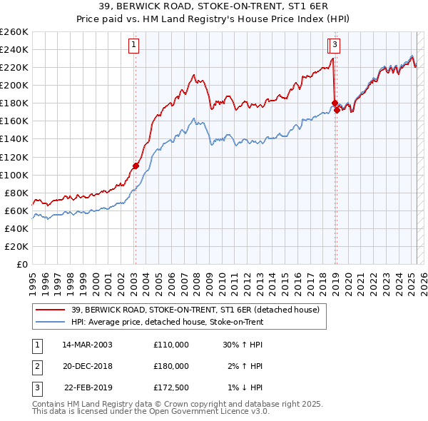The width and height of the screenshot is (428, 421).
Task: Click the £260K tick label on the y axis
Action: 14,32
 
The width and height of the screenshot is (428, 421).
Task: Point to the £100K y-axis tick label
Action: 14,175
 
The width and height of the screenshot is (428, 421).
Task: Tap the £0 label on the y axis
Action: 23,264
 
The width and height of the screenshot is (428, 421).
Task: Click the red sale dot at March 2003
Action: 135,166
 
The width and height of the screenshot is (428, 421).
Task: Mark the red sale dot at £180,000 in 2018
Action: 334,103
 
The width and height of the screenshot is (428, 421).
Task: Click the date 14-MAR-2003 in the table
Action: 87,344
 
